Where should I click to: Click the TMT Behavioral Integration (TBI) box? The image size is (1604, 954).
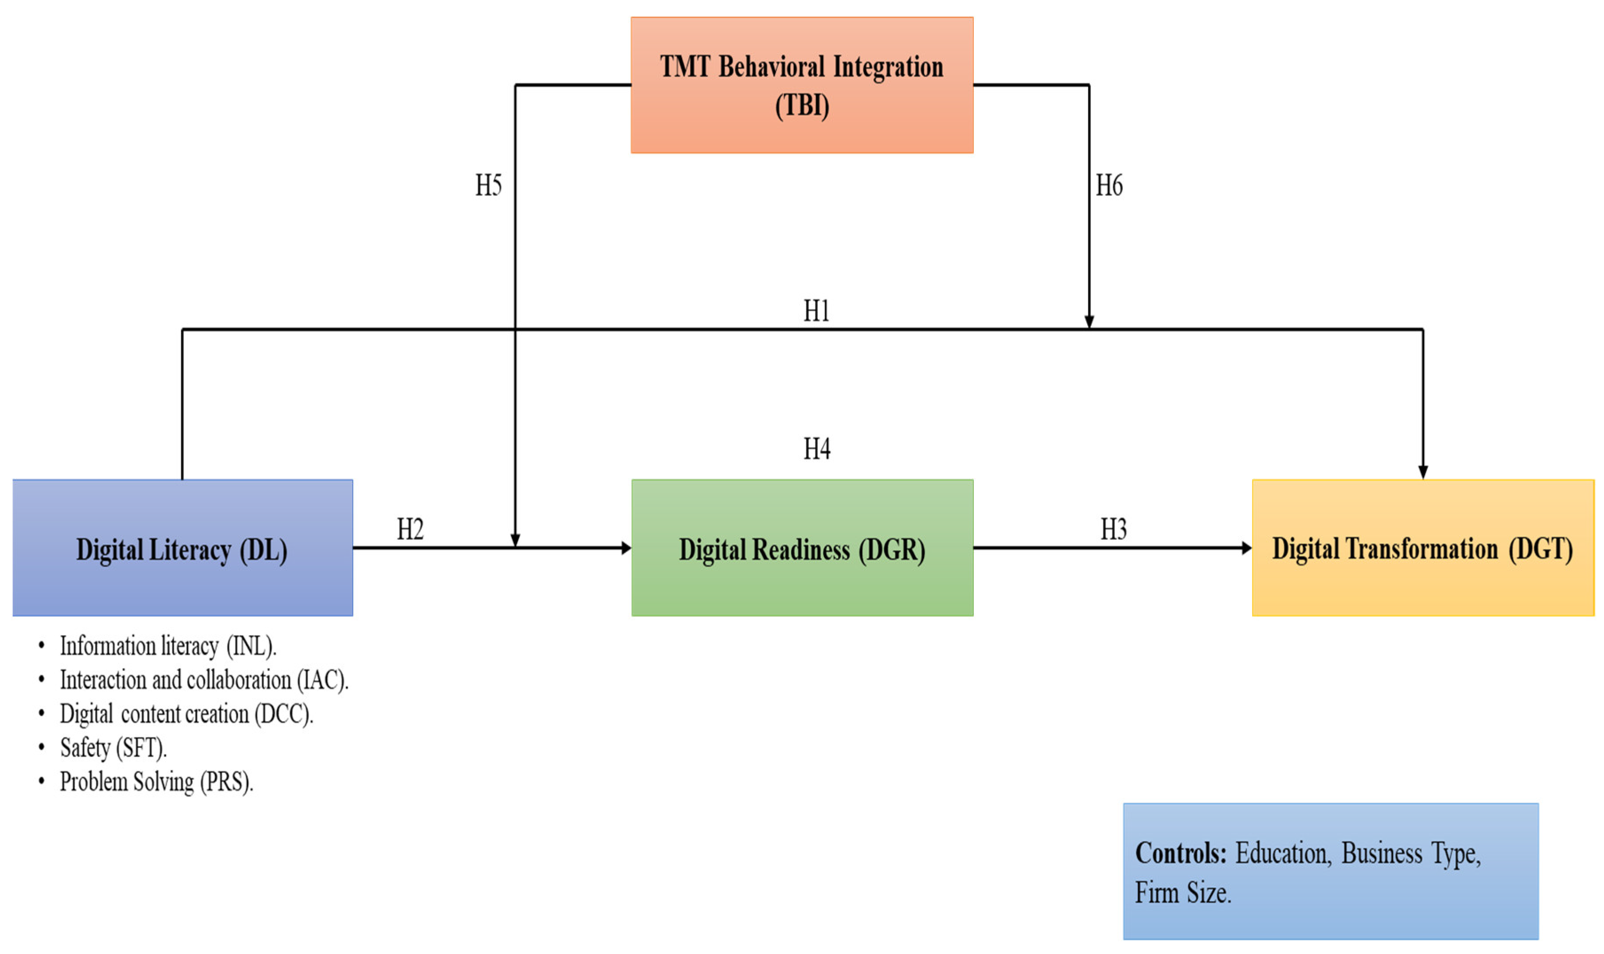[802, 85]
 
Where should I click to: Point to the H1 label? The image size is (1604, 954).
[816, 311]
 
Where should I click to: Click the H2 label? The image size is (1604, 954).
[410, 530]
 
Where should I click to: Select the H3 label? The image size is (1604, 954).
[1113, 530]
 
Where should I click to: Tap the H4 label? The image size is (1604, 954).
[816, 449]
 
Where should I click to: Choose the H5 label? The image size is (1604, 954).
[488, 186]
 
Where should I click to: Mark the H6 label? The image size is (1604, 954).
[1109, 186]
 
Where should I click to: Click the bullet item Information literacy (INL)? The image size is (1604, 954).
[168, 646]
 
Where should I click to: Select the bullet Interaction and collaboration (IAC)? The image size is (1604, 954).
[204, 680]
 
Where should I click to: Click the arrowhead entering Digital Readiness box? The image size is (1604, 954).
[626, 548]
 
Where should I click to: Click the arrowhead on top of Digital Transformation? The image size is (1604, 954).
[1423, 472]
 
